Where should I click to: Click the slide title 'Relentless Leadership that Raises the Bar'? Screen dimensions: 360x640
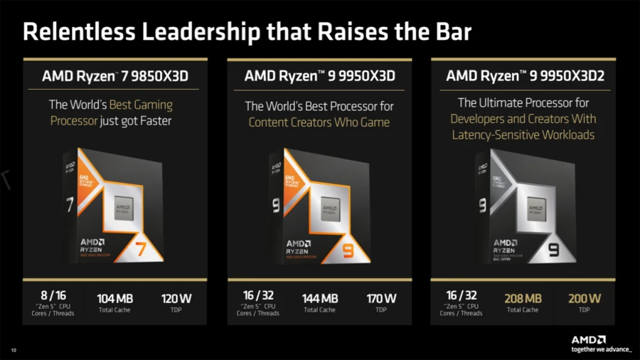click(x=247, y=32)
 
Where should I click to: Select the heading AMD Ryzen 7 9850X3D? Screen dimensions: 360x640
click(x=114, y=75)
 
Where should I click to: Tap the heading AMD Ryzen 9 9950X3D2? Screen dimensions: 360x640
click(x=524, y=75)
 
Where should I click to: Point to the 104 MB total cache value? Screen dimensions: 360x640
click(x=114, y=299)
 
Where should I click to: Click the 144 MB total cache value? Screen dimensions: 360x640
click(x=319, y=299)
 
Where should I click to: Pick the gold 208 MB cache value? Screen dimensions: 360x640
click(x=523, y=299)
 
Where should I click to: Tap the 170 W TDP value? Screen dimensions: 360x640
click(x=380, y=299)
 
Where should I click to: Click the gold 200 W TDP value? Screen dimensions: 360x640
click(x=584, y=299)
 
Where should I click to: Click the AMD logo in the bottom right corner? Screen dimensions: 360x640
click(x=590, y=339)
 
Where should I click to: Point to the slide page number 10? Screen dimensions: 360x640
click(x=13, y=349)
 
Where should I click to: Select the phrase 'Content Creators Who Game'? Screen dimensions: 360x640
click(x=319, y=122)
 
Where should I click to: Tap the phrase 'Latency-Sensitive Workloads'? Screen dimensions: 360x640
click(x=523, y=134)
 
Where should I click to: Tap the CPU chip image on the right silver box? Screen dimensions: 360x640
click(x=537, y=211)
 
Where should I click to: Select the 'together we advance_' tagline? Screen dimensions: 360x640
click(x=601, y=349)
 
